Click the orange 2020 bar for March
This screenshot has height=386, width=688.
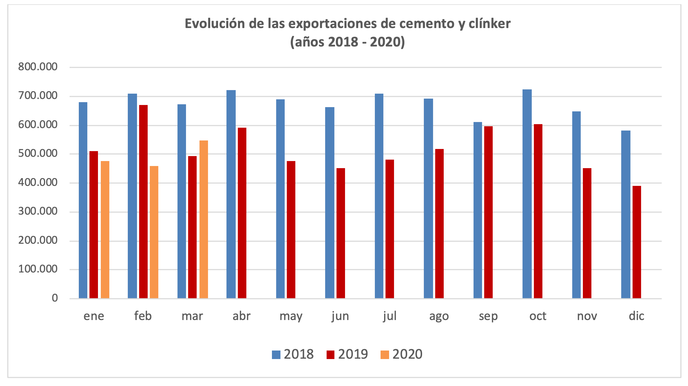click(x=204, y=219)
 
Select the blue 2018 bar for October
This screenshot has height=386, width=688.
click(x=527, y=194)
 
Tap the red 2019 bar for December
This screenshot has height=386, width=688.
click(x=637, y=242)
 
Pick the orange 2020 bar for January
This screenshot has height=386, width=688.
click(x=105, y=230)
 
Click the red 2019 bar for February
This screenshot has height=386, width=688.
click(x=143, y=202)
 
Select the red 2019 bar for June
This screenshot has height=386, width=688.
click(x=341, y=233)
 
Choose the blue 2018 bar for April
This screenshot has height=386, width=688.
click(x=231, y=194)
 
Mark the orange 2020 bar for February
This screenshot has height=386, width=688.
click(x=154, y=232)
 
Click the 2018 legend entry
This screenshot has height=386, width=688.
click(x=293, y=354)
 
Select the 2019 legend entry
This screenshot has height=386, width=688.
click(x=347, y=354)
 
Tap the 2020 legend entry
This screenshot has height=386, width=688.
click(x=402, y=354)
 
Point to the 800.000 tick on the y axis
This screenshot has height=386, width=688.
click(x=38, y=67)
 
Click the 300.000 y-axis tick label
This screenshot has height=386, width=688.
click(x=38, y=212)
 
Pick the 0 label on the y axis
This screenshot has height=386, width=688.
click(x=54, y=298)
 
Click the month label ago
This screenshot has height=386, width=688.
click(x=439, y=316)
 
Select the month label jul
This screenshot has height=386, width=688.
click(x=389, y=316)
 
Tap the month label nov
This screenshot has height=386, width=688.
click(x=587, y=316)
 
